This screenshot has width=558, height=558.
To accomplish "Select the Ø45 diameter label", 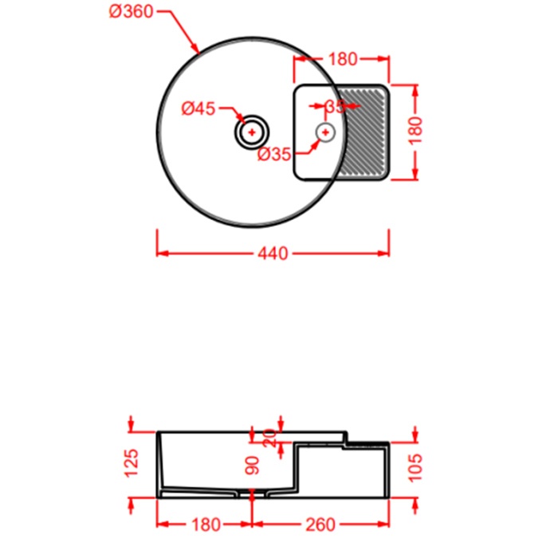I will (198, 109).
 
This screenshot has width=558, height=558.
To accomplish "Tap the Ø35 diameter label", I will (274, 155).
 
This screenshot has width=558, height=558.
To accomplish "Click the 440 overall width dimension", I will (272, 253).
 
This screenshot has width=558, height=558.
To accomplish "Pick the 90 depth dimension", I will (253, 466).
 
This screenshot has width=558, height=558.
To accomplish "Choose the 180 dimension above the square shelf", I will (342, 58).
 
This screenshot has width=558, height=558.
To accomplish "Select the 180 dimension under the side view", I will (206, 525).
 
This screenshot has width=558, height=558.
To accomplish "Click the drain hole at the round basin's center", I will (252, 132).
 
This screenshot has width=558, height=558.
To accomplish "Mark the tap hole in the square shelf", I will (325, 132).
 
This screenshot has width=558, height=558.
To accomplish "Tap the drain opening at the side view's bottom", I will (252, 496).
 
